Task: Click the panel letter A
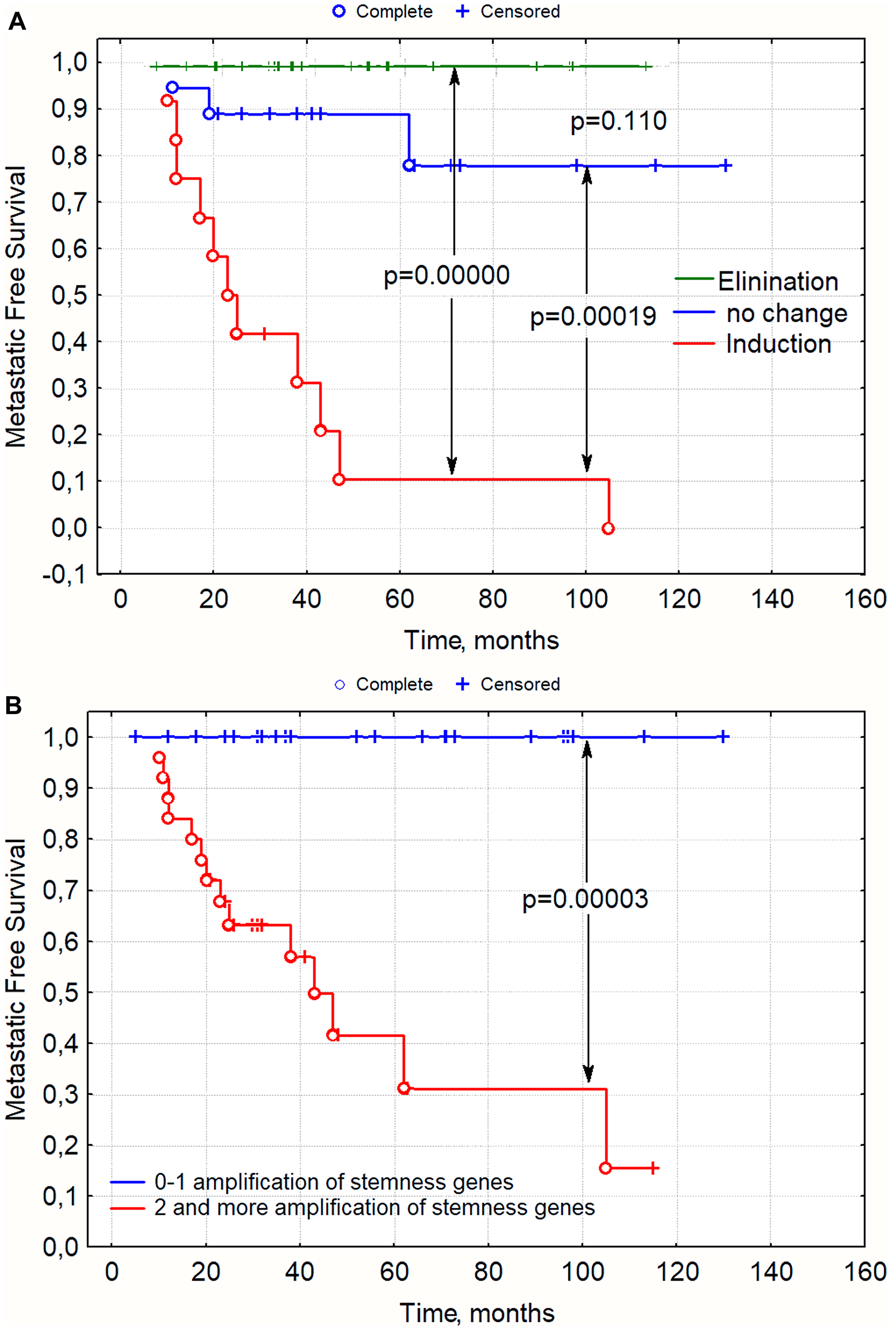pyautogui.click(x=16, y=22)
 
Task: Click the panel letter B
pyautogui.click(x=14, y=706)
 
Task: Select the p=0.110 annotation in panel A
pyautogui.click(x=618, y=121)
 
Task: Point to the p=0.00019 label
pyautogui.click(x=593, y=316)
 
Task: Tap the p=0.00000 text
pyautogui.click(x=447, y=275)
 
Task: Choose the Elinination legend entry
pyautogui.click(x=777, y=281)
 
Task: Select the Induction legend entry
pyautogui.click(x=778, y=345)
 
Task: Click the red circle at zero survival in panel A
pyautogui.click(x=608, y=529)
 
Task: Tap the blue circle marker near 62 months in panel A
pyautogui.click(x=409, y=165)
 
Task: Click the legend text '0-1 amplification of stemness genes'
pyautogui.click(x=334, y=1182)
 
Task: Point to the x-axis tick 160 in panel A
pyautogui.click(x=864, y=599)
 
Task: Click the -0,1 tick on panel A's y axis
pyautogui.click(x=64, y=575)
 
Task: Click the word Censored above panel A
pyautogui.click(x=520, y=12)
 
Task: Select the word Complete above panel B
pyautogui.click(x=394, y=684)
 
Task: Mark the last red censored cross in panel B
pyautogui.click(x=654, y=1169)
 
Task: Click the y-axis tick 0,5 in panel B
pyautogui.click(x=60, y=993)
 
